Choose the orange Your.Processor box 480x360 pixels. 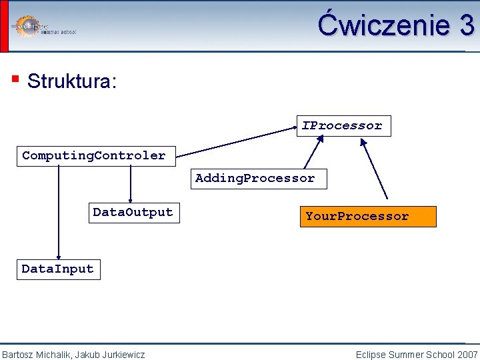pos(367,217)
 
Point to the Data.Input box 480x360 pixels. pos(58,269)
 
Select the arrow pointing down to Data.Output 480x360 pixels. pos(131,184)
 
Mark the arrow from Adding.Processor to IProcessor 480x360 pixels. pos(312,153)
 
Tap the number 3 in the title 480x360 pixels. pos(466,25)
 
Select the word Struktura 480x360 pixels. pos(72,82)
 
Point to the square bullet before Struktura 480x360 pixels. pos(15,80)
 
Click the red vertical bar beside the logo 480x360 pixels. pos(4,25)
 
